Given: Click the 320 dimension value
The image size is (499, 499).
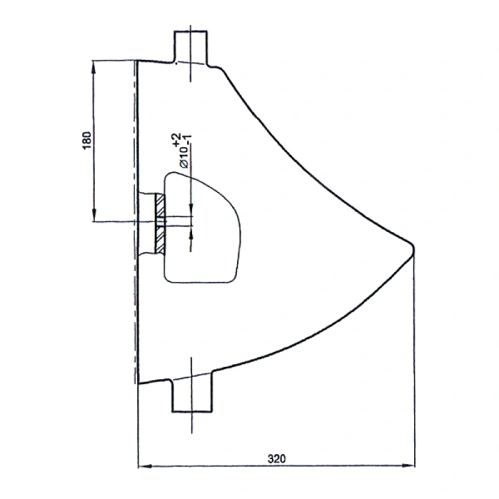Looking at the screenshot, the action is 277,458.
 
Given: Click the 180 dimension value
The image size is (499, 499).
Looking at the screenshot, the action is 86,140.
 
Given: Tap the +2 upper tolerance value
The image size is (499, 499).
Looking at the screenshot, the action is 177,140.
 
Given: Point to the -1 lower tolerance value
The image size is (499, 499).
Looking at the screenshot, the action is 189,140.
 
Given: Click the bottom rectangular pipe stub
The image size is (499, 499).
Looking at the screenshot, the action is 192,393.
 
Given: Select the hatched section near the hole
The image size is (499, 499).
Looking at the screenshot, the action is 160,224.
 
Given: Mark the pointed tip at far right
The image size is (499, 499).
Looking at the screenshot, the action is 413,247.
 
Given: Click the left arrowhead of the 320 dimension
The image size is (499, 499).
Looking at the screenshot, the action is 145,466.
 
